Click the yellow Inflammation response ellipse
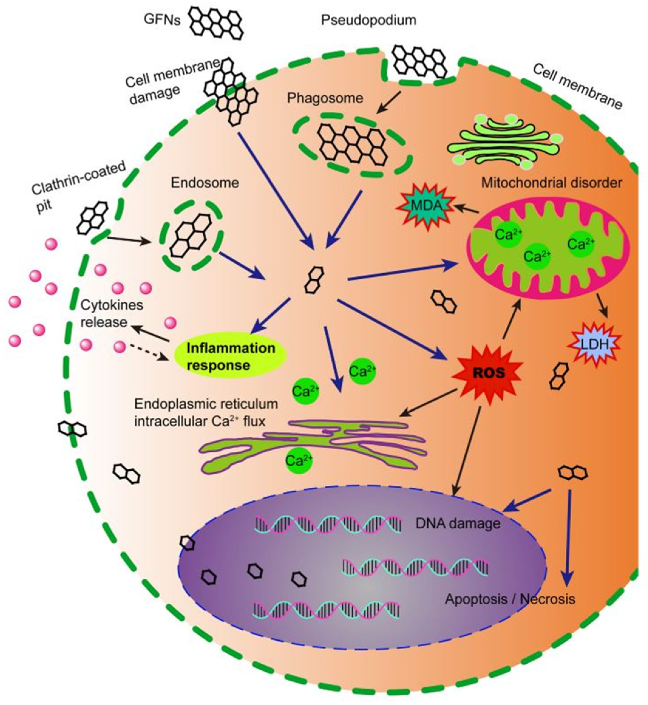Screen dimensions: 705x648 click(x=230, y=356)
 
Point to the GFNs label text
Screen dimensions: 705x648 click(x=162, y=20)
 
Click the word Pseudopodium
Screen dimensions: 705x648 click(x=368, y=20)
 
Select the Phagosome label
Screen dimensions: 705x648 click(x=325, y=98)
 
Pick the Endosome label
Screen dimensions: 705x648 click(x=205, y=183)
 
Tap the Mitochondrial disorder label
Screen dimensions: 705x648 click(x=551, y=183)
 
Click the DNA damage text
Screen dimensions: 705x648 click(x=458, y=524)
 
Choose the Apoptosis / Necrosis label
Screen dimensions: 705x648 click(x=510, y=599)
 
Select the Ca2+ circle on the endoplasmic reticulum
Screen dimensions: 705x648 click(x=298, y=460)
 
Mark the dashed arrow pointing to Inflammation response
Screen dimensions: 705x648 click(x=148, y=352)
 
